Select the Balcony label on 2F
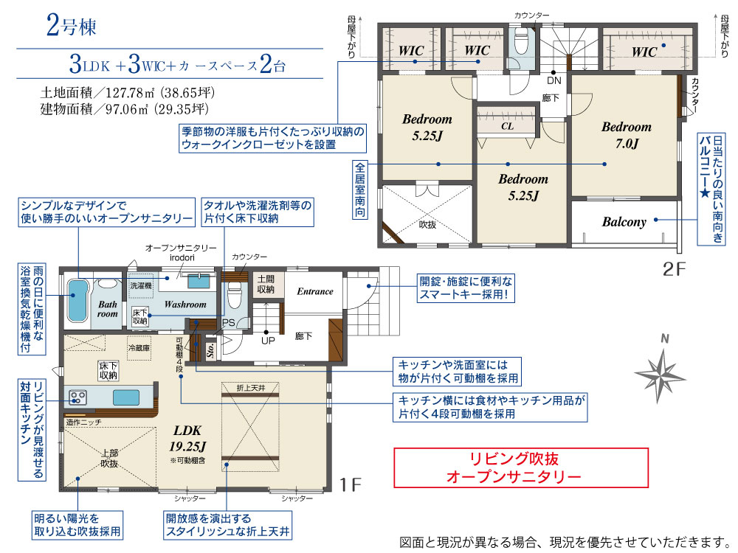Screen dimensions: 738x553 [x=624, y=222]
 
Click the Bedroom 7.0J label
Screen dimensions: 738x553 [x=627, y=135]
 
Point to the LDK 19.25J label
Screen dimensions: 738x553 [x=187, y=438]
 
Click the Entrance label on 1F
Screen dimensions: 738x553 [x=315, y=291]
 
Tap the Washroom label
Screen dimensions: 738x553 [x=185, y=305]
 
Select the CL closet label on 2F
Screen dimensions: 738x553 [x=507, y=126]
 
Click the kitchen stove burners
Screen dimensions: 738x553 [x=77, y=398]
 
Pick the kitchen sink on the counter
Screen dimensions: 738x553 [x=125, y=398]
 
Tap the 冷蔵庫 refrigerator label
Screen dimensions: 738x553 [x=139, y=349]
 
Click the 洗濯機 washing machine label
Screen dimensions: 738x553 [x=141, y=285]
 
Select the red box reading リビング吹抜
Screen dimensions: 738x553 [x=521, y=467]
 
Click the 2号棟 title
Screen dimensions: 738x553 [x=72, y=26]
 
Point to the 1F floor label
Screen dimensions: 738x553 [x=350, y=485]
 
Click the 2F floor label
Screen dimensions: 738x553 [x=674, y=269]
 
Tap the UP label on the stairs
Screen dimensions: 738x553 [x=268, y=341]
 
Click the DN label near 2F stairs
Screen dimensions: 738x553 [x=554, y=81]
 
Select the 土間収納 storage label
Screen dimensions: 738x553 [x=266, y=285]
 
